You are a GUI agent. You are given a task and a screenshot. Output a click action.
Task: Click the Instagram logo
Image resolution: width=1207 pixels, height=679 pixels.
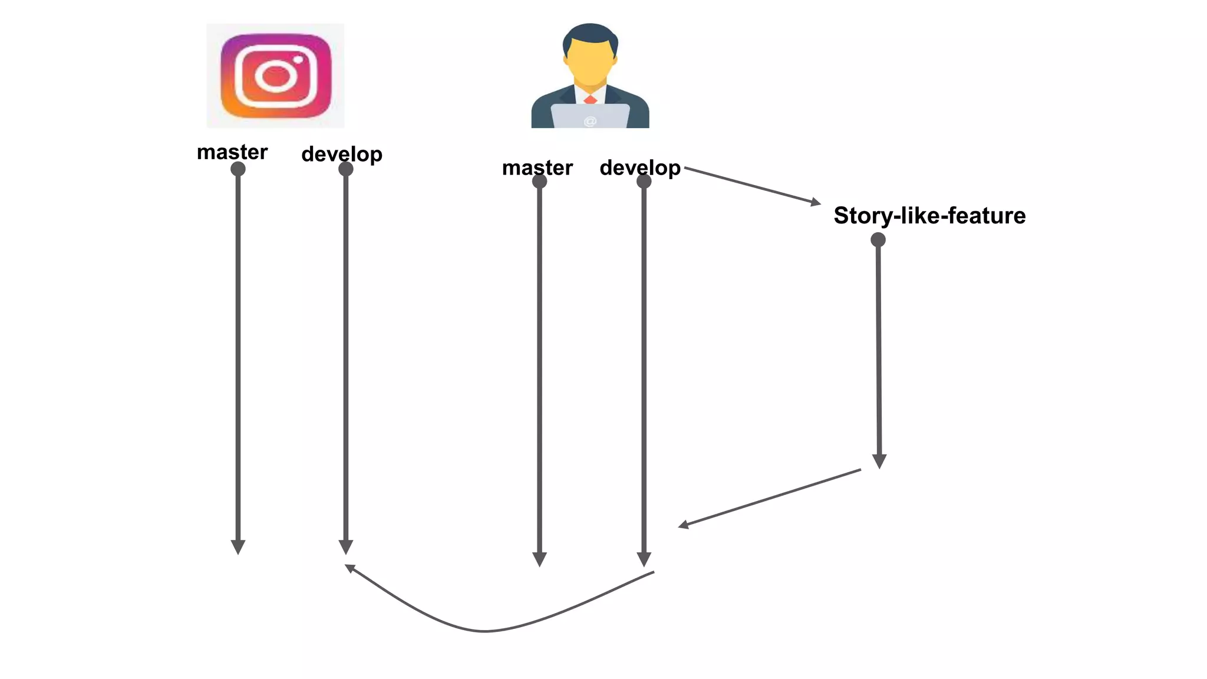click(x=275, y=76)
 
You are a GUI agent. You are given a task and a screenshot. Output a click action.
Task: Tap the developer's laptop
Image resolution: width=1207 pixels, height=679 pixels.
click(x=590, y=116)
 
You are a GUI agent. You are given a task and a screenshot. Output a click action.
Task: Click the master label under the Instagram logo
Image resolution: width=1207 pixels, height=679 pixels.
click(x=232, y=152)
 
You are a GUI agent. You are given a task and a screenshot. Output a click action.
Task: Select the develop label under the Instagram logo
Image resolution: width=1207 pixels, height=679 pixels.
click(x=342, y=154)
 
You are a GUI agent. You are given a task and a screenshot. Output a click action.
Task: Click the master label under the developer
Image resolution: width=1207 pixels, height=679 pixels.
click(x=537, y=168)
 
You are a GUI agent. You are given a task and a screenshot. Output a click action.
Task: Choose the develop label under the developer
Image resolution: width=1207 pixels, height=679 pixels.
click(x=640, y=168)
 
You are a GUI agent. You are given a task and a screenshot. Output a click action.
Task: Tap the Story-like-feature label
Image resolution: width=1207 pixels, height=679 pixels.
click(x=929, y=216)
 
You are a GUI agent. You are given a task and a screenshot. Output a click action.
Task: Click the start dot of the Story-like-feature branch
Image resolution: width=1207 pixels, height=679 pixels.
click(x=878, y=240)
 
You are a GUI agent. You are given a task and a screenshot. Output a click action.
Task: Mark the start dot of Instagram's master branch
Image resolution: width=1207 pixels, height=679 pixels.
click(x=238, y=169)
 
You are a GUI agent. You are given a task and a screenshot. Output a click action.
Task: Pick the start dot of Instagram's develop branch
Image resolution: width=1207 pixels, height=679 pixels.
click(x=346, y=169)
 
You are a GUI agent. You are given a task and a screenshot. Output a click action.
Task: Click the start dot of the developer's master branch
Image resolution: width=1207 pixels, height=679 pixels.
click(x=539, y=182)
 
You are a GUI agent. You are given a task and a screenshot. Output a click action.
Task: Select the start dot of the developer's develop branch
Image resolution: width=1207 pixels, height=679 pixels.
click(x=644, y=182)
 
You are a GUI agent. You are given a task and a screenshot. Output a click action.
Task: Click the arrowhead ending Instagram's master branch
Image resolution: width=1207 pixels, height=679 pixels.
click(x=238, y=547)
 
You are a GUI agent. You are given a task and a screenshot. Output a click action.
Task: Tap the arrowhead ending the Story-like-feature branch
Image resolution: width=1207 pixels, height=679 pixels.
click(x=879, y=461)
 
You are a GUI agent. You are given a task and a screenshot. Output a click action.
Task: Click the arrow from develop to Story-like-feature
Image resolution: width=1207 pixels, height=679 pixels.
click(x=752, y=185)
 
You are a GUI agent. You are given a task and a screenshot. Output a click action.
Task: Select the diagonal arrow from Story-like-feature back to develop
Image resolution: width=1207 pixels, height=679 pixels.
click(x=770, y=497)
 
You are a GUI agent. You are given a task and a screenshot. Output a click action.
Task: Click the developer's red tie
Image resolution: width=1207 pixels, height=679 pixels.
click(x=591, y=99)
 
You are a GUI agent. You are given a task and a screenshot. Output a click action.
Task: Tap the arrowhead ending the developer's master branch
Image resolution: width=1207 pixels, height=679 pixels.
click(x=539, y=559)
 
